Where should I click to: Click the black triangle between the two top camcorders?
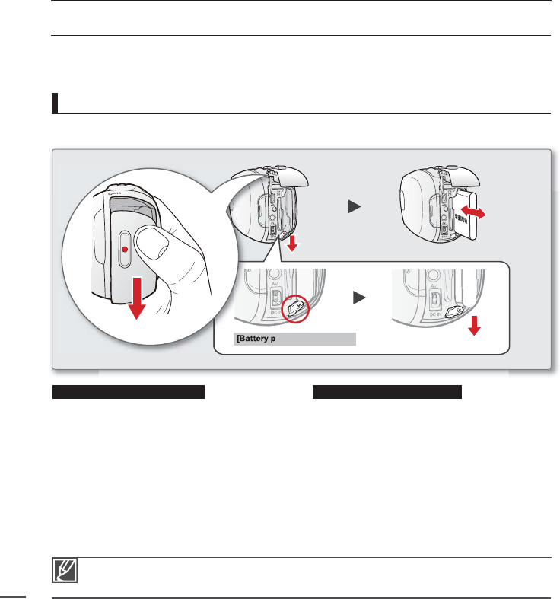coord(354,206)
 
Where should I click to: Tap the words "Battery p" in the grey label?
coord(262,339)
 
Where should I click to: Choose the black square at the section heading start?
coord(55,103)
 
